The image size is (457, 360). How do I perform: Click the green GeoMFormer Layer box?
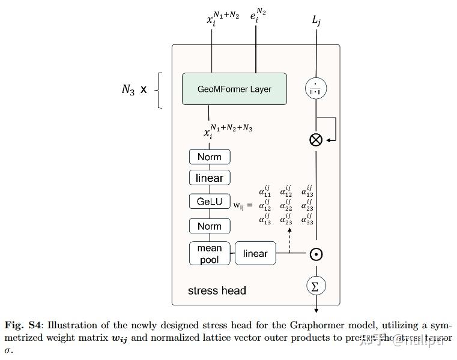(x=234, y=89)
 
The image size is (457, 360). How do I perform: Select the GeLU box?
(x=209, y=202)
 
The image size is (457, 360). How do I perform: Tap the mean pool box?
(x=209, y=253)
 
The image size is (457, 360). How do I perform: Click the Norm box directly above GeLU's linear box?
(x=209, y=157)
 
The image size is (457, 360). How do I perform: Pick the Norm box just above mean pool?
(x=209, y=226)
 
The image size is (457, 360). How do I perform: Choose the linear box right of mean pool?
(x=255, y=253)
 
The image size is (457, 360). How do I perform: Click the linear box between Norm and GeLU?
(x=209, y=178)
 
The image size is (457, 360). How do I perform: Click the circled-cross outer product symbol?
(x=315, y=140)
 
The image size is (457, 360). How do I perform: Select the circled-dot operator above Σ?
(x=316, y=254)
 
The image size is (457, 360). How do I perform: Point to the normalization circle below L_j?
(x=315, y=88)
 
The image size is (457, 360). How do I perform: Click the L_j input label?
(x=316, y=21)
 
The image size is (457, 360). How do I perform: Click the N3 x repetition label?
(x=134, y=90)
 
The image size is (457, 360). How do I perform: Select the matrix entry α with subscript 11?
(x=265, y=192)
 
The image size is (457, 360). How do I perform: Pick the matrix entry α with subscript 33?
(x=307, y=219)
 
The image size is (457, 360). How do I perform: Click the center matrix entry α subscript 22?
(x=286, y=206)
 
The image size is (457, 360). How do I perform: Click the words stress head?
(x=217, y=290)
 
